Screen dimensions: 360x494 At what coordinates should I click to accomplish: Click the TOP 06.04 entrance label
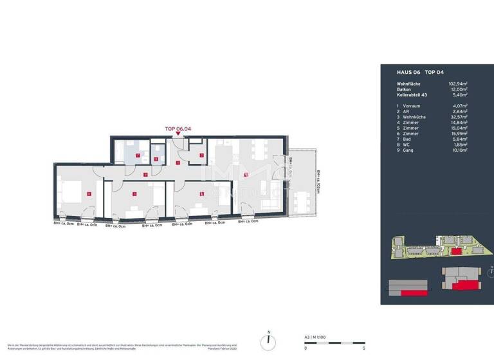pyautogui.click(x=178, y=128)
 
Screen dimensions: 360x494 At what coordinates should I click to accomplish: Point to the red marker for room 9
pyautogui.click(x=146, y=175)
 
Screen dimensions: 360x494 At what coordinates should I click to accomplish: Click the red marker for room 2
pyautogui.click(x=201, y=155)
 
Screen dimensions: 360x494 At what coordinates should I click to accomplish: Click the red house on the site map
pyautogui.click(x=455, y=251)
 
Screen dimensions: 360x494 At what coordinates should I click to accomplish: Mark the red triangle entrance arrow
pyautogui.click(x=178, y=134)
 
